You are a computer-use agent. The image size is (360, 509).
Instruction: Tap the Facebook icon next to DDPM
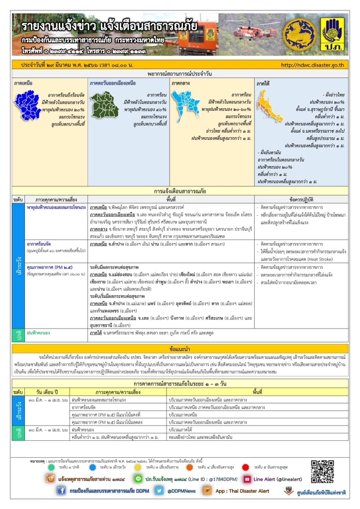pos(61,491)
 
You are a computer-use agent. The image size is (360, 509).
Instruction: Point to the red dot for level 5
pos(245,467)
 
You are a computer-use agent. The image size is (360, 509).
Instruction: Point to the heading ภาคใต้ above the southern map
pos(263,83)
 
